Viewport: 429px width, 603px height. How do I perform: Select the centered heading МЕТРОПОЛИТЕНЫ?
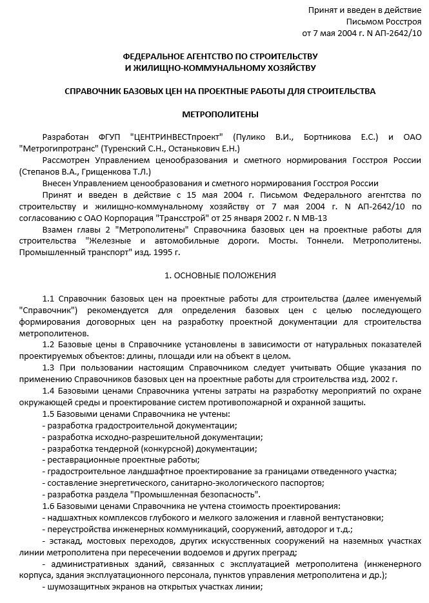point(220,115)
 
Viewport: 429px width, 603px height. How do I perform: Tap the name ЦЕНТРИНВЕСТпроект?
point(177,137)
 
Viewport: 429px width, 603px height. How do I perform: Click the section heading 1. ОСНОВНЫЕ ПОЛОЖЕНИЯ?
point(220,276)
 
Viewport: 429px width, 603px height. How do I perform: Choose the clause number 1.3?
point(49,367)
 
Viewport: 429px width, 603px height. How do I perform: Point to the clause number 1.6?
point(49,506)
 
